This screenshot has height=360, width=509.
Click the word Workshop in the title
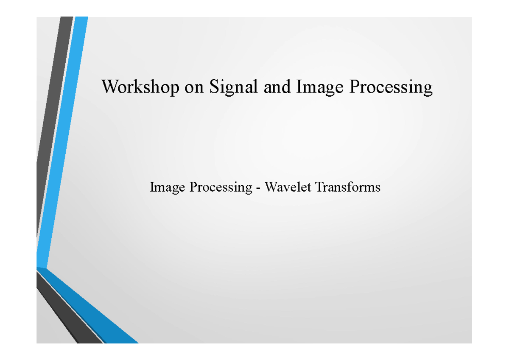tap(140, 87)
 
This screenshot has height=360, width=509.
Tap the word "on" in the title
tap(193, 89)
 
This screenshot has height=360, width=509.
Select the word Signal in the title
tap(233, 87)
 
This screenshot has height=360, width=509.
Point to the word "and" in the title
tap(277, 87)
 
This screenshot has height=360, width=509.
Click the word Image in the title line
tap(320, 87)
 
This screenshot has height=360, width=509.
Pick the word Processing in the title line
tap(391, 87)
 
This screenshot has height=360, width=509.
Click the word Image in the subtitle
tap(167, 187)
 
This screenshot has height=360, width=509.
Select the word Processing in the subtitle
tap(221, 187)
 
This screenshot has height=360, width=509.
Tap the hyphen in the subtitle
tap(258, 189)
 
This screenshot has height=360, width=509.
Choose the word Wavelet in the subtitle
tap(288, 187)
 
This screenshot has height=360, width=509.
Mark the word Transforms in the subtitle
tap(348, 187)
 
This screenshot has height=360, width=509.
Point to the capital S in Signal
tap(214, 87)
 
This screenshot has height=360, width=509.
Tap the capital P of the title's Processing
tap(355, 86)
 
